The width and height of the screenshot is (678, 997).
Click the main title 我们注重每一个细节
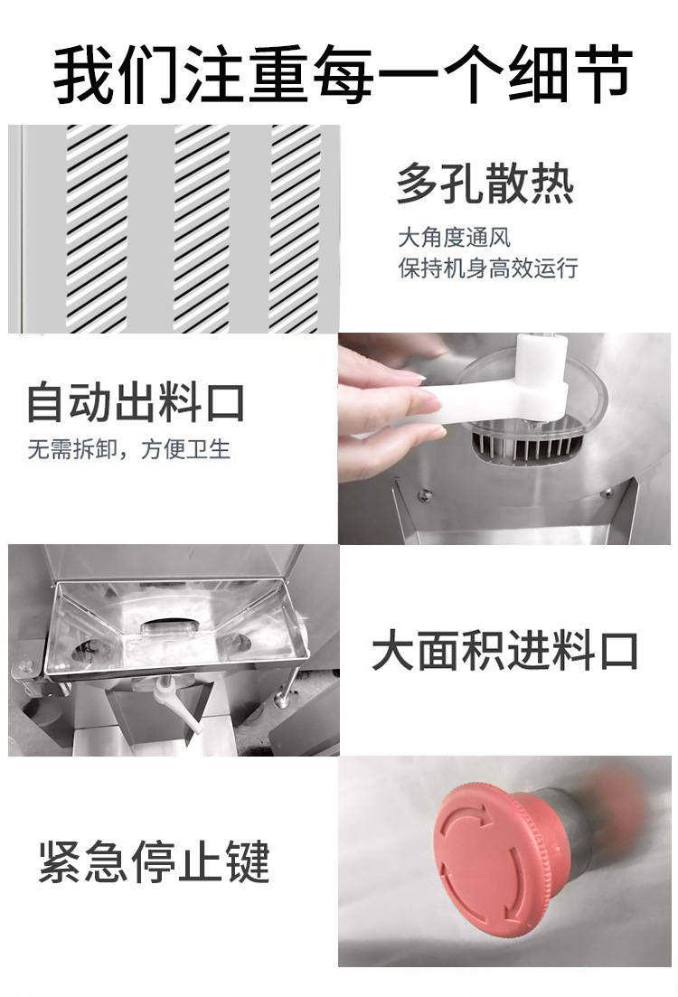pos(343,73)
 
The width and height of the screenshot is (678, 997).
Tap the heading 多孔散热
pos(485,183)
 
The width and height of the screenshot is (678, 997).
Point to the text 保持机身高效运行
pos(488,268)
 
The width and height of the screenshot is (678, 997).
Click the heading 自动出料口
pos(136,401)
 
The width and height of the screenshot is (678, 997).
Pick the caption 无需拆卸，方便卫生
pos(128,449)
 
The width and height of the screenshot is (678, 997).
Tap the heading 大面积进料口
pos(504,650)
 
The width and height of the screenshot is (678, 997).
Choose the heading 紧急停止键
pos(155,861)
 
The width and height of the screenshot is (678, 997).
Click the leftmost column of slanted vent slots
pos(97,229)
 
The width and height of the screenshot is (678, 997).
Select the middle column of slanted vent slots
pos(202,229)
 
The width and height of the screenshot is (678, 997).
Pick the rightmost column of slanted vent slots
pos(295,229)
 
